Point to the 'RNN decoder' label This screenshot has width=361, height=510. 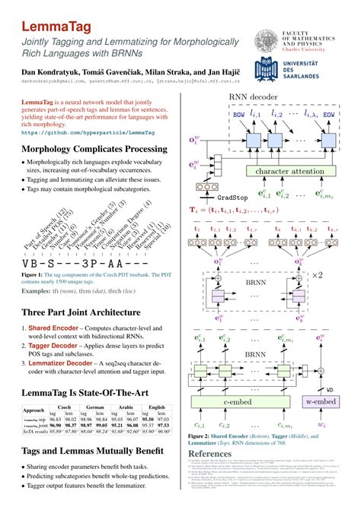point(255,97)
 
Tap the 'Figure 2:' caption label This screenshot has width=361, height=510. point(203,436)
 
